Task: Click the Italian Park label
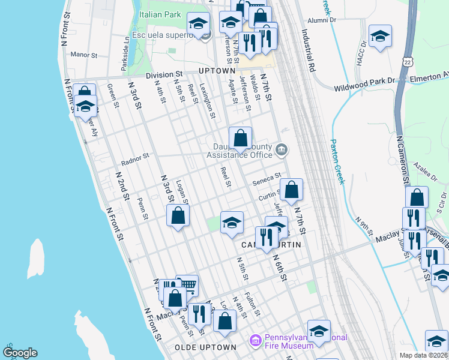pos(159,14)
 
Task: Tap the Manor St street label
pos(84,55)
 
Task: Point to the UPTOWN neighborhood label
pos(217,71)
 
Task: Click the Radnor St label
pos(134,159)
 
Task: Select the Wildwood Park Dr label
pos(364,88)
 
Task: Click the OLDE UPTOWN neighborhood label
pos(205,347)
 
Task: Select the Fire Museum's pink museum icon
pos(256,341)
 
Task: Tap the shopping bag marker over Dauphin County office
pos(240,137)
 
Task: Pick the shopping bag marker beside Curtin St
pos(291,190)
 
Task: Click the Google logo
pos(19,352)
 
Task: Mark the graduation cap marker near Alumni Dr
pos(380,35)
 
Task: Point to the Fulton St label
pos(253,305)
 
